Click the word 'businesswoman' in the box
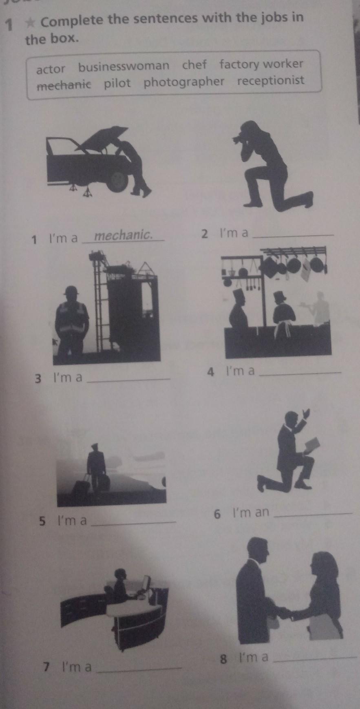124,66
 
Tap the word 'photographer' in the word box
184,82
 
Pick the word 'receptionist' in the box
271,80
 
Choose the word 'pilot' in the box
117,84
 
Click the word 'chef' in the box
194,65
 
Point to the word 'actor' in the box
51,69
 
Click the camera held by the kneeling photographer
238,139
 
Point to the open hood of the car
102,137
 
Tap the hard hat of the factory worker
72,291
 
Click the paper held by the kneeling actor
313,445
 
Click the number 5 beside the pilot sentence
42,521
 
